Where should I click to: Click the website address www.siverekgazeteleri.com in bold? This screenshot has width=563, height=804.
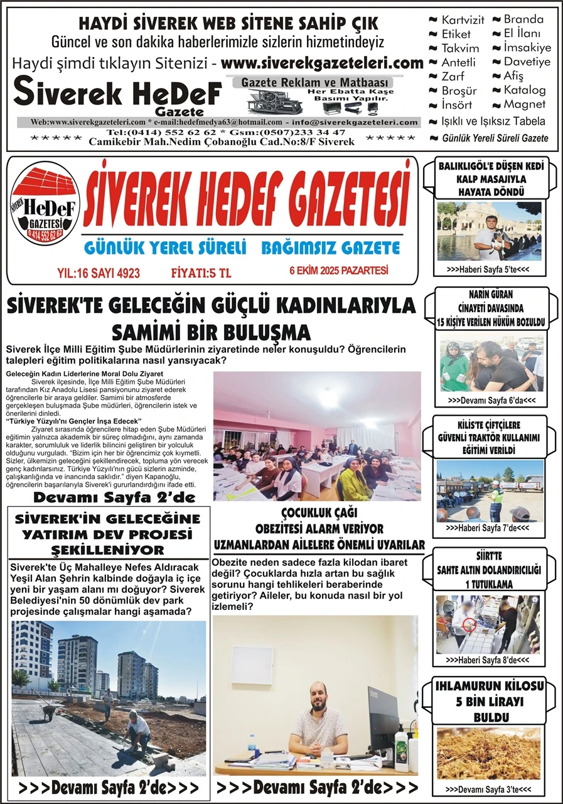pos(322,63)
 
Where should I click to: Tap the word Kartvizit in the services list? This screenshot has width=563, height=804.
pos(463,20)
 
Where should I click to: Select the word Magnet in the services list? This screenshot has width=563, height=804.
pos(525,104)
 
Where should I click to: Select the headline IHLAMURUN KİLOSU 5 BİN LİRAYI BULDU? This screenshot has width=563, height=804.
pos(490,701)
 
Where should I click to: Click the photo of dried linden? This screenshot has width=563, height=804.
pos(489,753)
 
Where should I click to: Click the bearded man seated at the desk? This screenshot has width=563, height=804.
pos(318,722)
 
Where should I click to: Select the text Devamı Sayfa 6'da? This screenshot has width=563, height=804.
pos(490,400)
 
